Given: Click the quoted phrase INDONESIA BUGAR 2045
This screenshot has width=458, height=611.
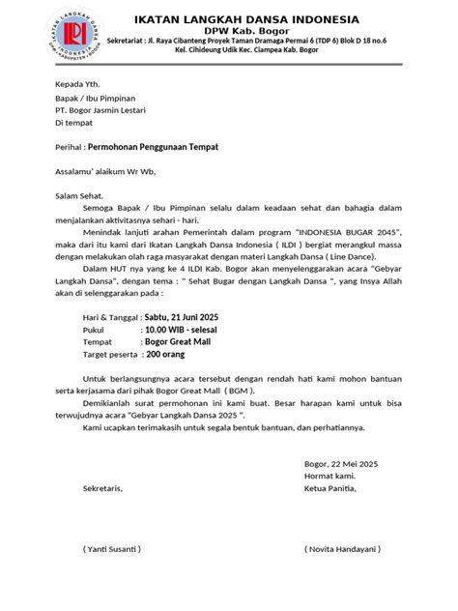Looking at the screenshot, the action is [332, 233].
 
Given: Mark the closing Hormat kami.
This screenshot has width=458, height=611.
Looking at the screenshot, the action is [329, 478].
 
